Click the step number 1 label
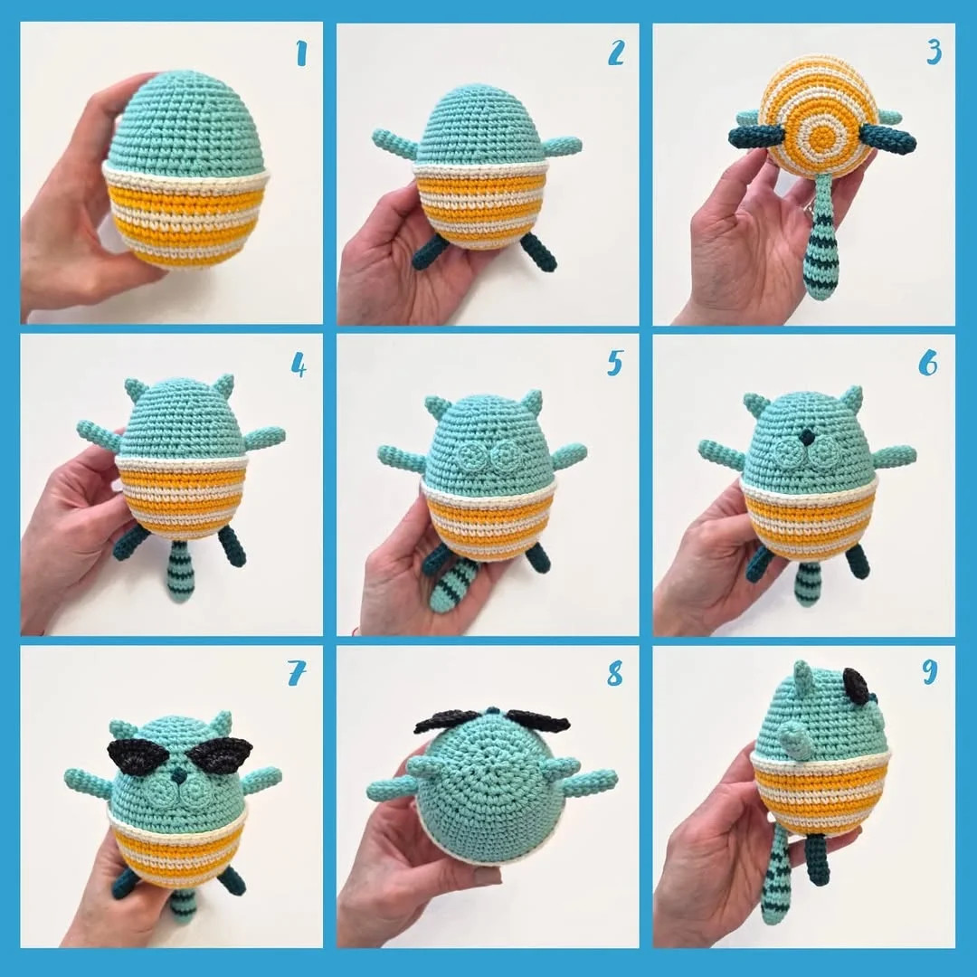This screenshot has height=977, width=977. tap(301, 53)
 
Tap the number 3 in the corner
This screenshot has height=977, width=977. tap(933, 53)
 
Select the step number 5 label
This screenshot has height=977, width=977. tap(615, 363)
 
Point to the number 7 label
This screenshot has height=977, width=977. tap(298, 673)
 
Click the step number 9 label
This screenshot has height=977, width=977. tap(930, 673)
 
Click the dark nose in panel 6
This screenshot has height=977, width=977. tap(804, 437)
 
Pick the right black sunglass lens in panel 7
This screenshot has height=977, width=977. tap(221, 754)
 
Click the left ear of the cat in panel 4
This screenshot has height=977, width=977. tap(137, 390)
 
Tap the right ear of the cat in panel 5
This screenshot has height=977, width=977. tap(532, 402)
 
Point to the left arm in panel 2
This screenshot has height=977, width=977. tap(394, 143)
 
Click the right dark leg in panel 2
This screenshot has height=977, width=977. tap(539, 252)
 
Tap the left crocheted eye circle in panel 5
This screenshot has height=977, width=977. tap(472, 455)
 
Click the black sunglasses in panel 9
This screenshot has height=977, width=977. tap(856, 686)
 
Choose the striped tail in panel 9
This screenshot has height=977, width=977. tap(776, 877)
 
